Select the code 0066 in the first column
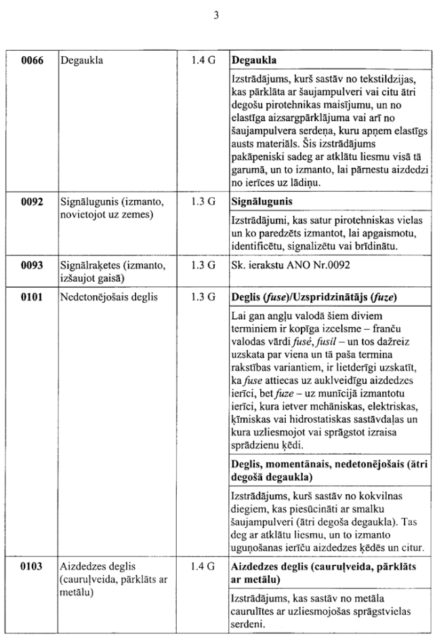point(32,60)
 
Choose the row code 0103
point(32,566)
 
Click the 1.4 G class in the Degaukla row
point(203,60)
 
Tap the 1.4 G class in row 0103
point(203,566)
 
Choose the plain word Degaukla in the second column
point(82,60)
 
